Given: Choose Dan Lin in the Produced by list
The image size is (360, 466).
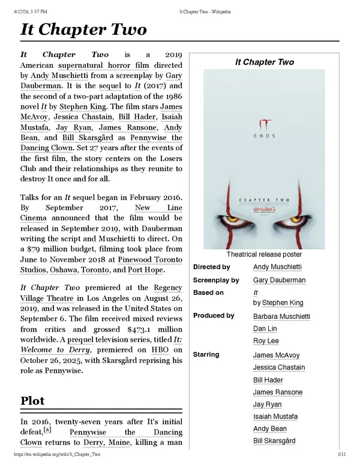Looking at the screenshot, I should [265, 329].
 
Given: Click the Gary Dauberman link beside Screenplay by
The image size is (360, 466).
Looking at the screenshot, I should [279, 280].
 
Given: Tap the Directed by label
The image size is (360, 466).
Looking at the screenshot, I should [211, 267].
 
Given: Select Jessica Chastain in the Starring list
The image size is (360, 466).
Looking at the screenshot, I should [279, 367].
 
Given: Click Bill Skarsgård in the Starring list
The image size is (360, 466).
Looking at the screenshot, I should [274, 441].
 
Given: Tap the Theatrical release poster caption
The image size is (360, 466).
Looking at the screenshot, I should [264, 255].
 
